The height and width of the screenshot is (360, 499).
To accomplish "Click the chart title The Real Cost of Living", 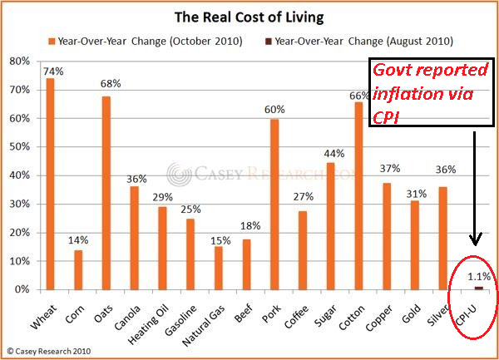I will click(247, 16).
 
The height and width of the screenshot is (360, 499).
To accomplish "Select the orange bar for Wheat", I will click(50, 183).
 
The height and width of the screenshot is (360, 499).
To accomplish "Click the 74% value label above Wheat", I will click(51, 71).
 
